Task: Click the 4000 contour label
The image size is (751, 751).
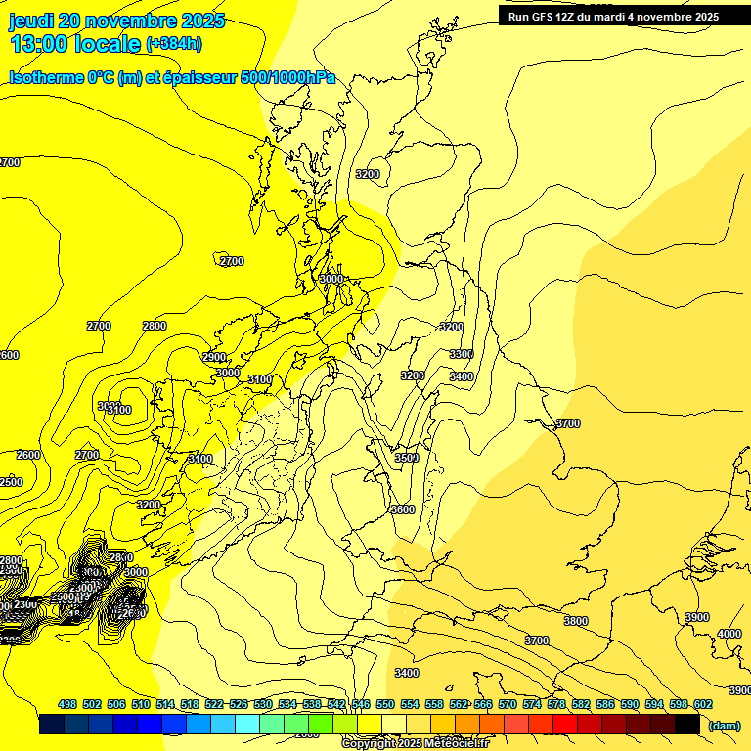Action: [x=729, y=635]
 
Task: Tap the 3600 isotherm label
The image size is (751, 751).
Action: [x=402, y=509]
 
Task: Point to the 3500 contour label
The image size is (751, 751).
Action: [x=407, y=458]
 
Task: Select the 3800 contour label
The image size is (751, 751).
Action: [x=576, y=621]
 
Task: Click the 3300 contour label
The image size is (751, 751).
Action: [x=462, y=354]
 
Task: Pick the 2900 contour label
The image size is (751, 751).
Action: [x=214, y=358]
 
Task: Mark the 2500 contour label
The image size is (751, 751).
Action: [x=11, y=482]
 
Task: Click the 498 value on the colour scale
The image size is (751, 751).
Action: [x=67, y=704]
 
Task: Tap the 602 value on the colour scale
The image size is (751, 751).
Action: [x=703, y=704]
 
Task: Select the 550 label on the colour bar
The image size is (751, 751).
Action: [x=385, y=704]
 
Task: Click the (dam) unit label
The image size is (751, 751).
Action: [x=724, y=725]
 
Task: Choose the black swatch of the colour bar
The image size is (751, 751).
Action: [x=686, y=725]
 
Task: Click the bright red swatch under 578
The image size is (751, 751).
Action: [x=564, y=725]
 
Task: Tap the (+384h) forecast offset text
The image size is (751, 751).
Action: [x=174, y=43]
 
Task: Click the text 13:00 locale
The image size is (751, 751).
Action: [x=75, y=43]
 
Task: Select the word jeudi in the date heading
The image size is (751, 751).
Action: [x=30, y=21]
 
